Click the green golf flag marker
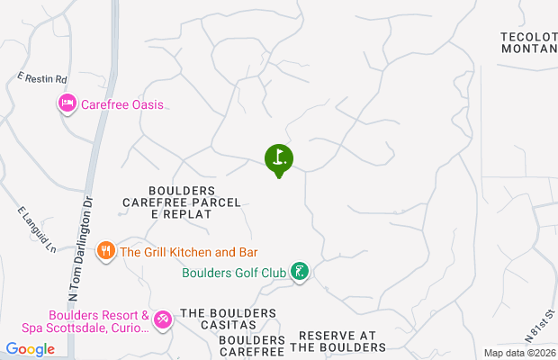tap(279, 159)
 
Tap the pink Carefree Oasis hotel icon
tap(67, 104)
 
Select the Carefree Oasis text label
tap(122, 104)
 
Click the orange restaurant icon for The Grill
tap(105, 251)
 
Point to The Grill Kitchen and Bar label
tap(189, 252)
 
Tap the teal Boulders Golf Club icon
tap(301, 271)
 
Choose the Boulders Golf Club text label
tap(234, 272)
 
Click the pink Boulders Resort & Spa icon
tap(163, 319)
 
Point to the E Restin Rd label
tap(42, 79)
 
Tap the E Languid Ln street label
tap(37, 229)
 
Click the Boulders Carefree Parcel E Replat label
tap(182, 202)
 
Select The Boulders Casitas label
tap(228, 319)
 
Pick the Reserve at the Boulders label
tap(337, 340)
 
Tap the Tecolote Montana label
tap(528, 42)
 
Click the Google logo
tap(30, 349)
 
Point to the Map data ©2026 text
tap(519, 353)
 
